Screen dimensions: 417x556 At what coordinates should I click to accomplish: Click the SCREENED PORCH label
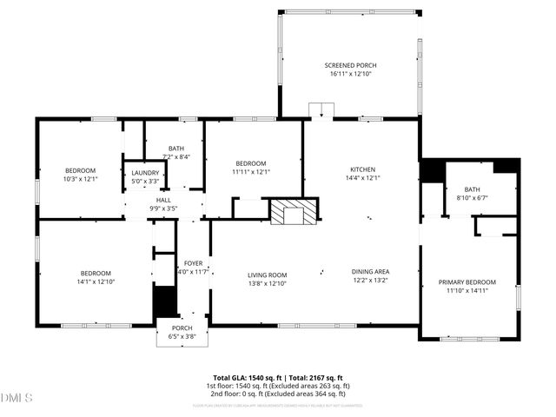click(349, 65)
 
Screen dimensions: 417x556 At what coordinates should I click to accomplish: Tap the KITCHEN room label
click(362, 169)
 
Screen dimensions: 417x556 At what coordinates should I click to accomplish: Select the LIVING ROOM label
click(267, 275)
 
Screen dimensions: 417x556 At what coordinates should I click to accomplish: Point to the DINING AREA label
click(370, 271)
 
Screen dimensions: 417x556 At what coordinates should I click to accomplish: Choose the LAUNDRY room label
click(145, 173)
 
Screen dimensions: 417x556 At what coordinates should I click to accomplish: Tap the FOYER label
click(192, 263)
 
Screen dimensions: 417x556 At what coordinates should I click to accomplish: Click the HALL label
click(163, 200)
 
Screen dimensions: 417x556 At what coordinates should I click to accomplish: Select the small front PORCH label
click(182, 328)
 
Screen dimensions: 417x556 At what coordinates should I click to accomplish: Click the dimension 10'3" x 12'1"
click(81, 179)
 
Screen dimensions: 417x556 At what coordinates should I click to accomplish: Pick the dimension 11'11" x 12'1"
click(251, 172)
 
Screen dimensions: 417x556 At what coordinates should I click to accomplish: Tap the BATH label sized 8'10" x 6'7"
click(472, 189)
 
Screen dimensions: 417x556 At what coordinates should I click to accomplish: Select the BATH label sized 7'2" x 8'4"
click(176, 149)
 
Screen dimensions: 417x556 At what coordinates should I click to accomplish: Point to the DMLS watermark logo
click(17, 398)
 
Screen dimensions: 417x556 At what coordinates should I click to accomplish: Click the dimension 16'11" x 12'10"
click(349, 75)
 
